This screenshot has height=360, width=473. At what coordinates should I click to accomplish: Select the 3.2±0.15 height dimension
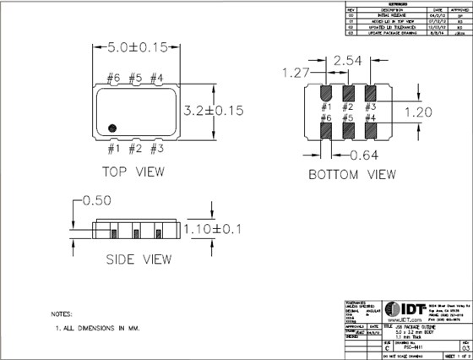click(x=215, y=110)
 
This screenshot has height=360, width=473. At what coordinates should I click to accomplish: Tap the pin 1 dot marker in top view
click(x=117, y=127)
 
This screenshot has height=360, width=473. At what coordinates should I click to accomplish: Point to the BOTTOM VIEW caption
click(x=352, y=175)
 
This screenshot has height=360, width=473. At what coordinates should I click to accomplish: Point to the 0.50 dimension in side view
click(x=95, y=201)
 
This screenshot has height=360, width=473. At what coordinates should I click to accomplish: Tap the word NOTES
click(x=65, y=312)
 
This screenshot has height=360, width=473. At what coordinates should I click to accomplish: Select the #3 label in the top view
click(x=155, y=150)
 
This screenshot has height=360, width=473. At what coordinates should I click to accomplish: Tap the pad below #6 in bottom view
click(x=326, y=134)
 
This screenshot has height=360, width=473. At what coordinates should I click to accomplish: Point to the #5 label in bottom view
click(x=347, y=120)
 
